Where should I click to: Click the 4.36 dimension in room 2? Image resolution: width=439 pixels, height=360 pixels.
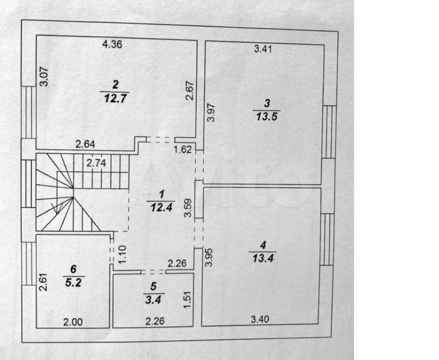pyautogui.click(x=112, y=45)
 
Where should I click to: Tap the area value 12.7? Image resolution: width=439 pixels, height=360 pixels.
pyautogui.click(x=115, y=99)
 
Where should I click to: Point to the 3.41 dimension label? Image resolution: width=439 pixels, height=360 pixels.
pyautogui.click(x=263, y=49)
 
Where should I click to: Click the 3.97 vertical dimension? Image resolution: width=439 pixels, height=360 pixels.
pyautogui.click(x=210, y=113)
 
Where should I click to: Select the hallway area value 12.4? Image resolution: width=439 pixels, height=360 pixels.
pyautogui.click(x=161, y=208)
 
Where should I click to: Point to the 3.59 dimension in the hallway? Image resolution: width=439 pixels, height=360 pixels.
pyautogui.click(x=187, y=208)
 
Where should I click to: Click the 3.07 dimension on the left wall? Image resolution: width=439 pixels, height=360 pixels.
pyautogui.click(x=44, y=76)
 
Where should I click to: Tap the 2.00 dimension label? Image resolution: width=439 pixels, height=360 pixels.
pyautogui.click(x=72, y=322)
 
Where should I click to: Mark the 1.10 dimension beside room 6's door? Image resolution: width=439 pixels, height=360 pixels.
pyautogui.click(x=121, y=255)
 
